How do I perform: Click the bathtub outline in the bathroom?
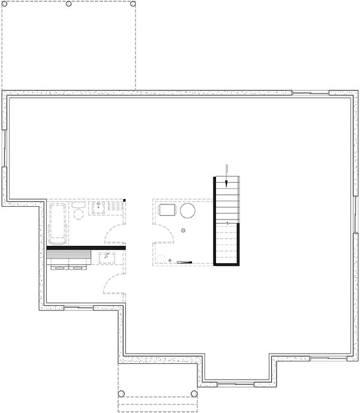pos(58,224)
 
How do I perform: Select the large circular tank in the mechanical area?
pos(187,211)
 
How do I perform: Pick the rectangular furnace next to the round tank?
pos(166,210)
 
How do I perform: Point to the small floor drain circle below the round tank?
pos(184,230)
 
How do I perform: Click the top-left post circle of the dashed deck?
pos(6,4)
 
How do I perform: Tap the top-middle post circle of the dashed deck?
pos(68,4)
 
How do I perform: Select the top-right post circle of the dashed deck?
pos(133,4)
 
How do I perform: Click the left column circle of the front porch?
pos(121,394)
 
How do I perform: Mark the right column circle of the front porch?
pos(194,394)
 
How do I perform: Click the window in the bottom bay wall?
pos(238,382)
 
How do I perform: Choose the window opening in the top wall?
pos(310,93)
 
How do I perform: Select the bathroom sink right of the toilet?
pos(98,208)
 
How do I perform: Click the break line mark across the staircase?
pos(227,223)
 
